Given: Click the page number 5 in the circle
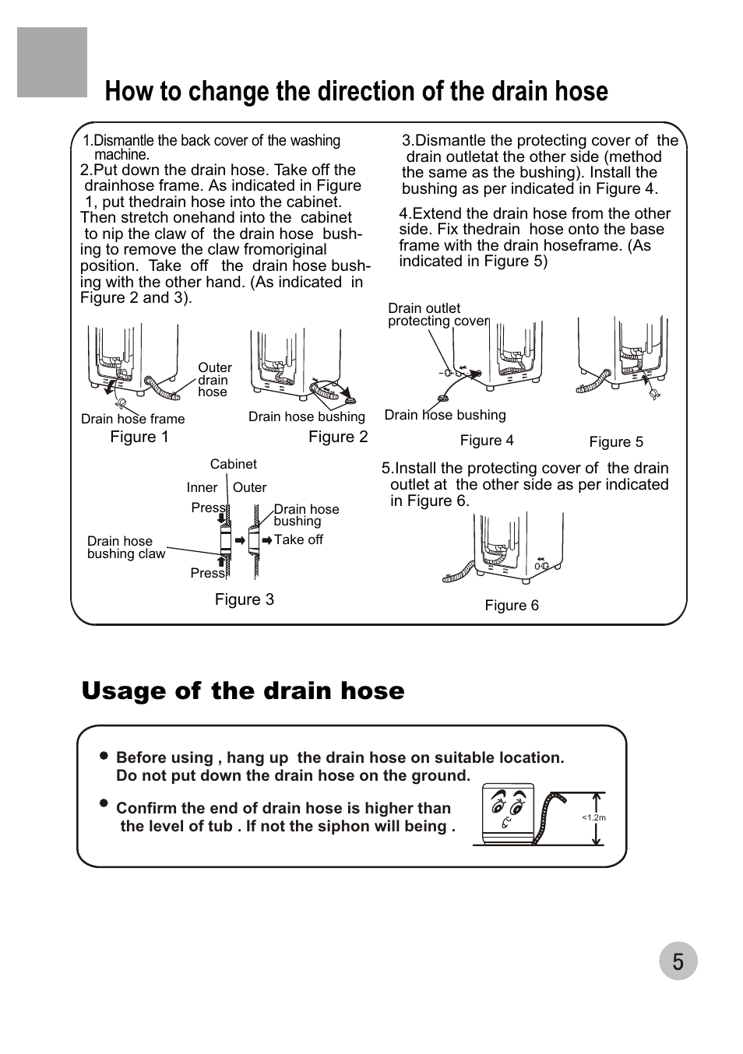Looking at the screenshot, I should pyautogui.click(x=678, y=962).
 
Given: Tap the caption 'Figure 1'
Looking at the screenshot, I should pyautogui.click(x=139, y=437).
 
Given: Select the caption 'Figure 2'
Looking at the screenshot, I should pyautogui.click(x=338, y=437).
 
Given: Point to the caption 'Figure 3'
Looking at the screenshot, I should pyautogui.click(x=245, y=599).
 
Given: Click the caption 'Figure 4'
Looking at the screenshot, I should pyautogui.click(x=487, y=441).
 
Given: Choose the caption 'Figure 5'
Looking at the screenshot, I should pyautogui.click(x=616, y=442).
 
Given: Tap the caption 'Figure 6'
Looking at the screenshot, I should pyautogui.click(x=512, y=606).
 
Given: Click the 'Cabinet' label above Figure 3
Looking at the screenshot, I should pyautogui.click(x=233, y=464).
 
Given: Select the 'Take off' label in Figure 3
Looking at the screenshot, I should pyautogui.click(x=298, y=539).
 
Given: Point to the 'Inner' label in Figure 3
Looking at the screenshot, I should pyautogui.click(x=202, y=487).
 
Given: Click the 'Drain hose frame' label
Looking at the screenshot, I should pyautogui.click(x=133, y=419).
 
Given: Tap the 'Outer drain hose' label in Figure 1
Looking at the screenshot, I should pyautogui.click(x=214, y=380).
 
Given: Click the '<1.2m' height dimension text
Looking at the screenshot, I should pyautogui.click(x=593, y=817).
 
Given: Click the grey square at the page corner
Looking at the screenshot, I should pyautogui.click(x=52, y=62).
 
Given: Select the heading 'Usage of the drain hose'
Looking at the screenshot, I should pyautogui.click(x=243, y=691).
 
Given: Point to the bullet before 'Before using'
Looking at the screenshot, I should pyautogui.click(x=104, y=756).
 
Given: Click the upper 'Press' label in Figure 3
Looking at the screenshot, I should pyautogui.click(x=208, y=508).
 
